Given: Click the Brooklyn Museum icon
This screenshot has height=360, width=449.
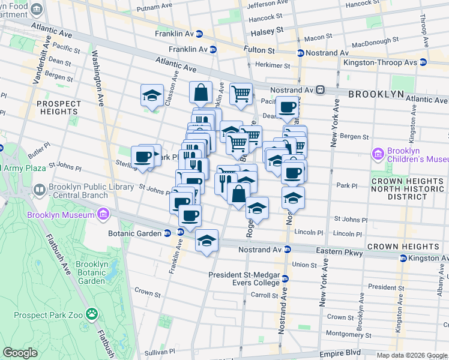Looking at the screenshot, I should click(103, 214).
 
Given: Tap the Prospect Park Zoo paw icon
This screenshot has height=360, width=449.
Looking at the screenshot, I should click(92, 313).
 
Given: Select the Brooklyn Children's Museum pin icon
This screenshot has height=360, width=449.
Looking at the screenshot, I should click(378, 155).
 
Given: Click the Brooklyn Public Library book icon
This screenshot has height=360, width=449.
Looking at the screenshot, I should click(40, 191).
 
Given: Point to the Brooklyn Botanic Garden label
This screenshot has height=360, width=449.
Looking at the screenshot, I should click(92, 272).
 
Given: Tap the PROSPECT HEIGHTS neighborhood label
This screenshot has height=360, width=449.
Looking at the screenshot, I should click(58, 107).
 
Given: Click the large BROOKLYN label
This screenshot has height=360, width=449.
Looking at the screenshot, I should click(376, 94).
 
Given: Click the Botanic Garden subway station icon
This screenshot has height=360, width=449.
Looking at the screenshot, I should click(181, 233).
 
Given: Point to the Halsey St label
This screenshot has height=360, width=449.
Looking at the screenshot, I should click(271, 30).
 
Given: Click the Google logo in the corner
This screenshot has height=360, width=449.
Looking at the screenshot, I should click(20, 353).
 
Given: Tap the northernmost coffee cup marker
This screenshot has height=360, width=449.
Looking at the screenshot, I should click(287, 107).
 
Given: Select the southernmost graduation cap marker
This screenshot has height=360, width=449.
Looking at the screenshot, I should click(206, 241).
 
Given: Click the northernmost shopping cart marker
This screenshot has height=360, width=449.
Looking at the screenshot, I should click(240, 93).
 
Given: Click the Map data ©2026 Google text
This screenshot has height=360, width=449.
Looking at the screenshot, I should click(412, 355).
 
